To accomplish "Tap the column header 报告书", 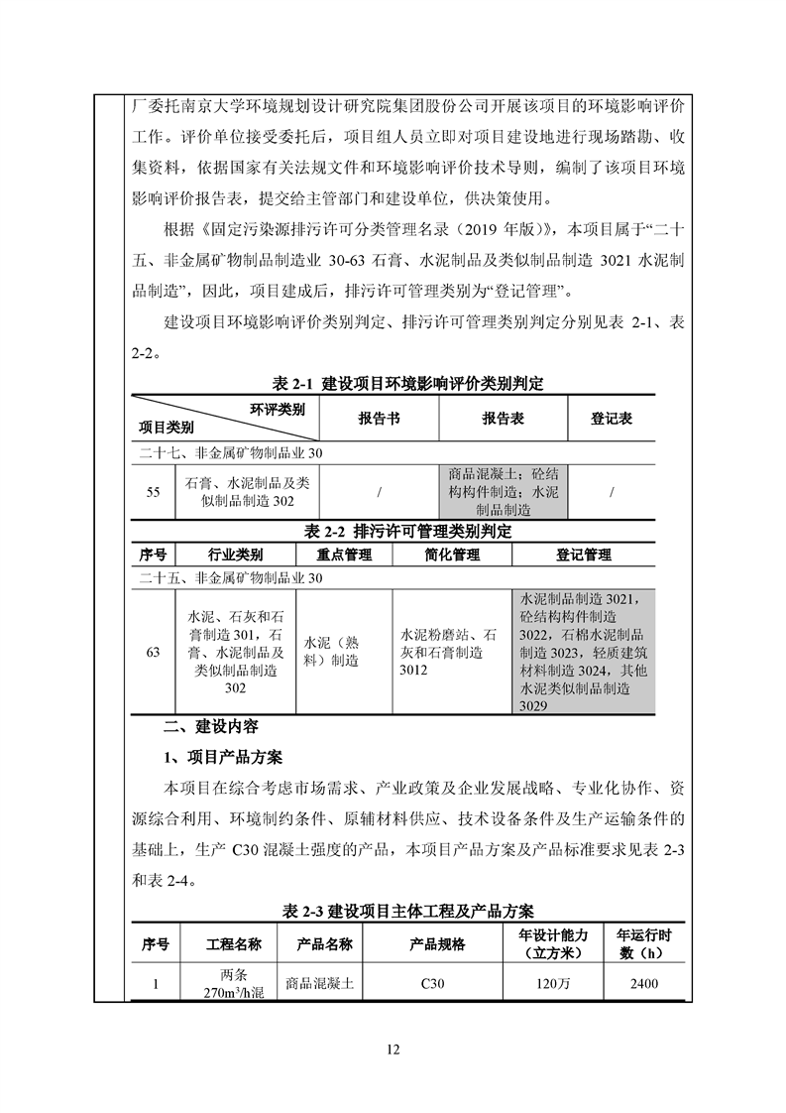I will (379, 419).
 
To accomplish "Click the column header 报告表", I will (503, 419).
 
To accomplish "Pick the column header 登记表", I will (612, 419).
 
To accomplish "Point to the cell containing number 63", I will (153, 653).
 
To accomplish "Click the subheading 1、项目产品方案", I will (223, 758).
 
